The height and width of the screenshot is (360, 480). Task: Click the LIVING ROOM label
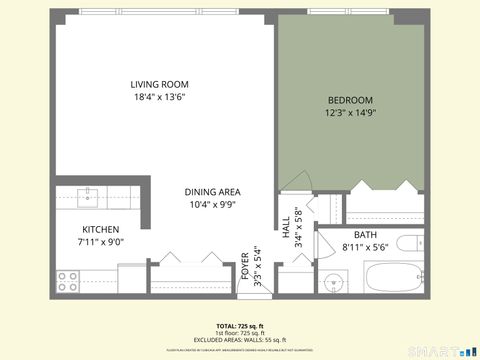click(x=159, y=84)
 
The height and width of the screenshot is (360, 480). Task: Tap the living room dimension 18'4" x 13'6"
click(x=159, y=98)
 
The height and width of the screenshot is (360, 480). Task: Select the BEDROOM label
click(x=350, y=100)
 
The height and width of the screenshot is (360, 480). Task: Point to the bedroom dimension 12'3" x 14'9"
click(x=350, y=113)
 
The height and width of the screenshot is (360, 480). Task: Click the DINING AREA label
click(x=212, y=192)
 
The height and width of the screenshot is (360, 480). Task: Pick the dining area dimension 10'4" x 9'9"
click(x=212, y=206)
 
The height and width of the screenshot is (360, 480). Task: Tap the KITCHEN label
click(x=100, y=229)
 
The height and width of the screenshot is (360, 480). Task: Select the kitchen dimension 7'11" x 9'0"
click(x=100, y=242)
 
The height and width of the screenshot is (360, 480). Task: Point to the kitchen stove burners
click(x=68, y=282)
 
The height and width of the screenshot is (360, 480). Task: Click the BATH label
click(x=365, y=234)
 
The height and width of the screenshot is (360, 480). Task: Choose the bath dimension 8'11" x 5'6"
click(x=365, y=247)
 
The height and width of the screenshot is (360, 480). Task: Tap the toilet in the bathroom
click(x=410, y=244)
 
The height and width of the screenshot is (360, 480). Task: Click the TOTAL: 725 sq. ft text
click(x=240, y=326)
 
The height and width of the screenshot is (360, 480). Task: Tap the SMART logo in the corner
click(x=448, y=351)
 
